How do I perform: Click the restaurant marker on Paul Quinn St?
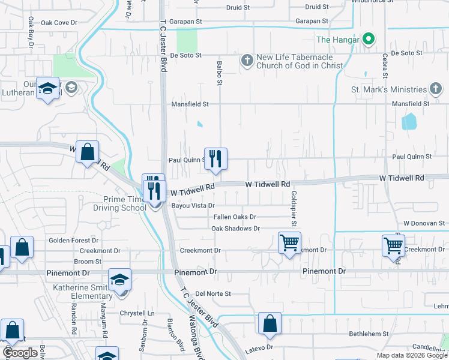click(x=215, y=160)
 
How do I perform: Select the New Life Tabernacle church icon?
click(x=246, y=60)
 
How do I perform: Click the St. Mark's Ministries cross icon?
click(x=436, y=89)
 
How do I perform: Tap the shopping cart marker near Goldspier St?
click(x=289, y=243)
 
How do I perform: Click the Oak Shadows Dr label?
click(x=235, y=229)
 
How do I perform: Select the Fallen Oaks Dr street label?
click(x=235, y=217)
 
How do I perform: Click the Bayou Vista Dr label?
click(x=193, y=206)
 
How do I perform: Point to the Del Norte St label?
click(x=213, y=294)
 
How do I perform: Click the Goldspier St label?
click(x=294, y=209)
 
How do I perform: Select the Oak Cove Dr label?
click(x=59, y=23)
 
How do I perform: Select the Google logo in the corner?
click(x=20, y=353)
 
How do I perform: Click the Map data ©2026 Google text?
click(x=411, y=355)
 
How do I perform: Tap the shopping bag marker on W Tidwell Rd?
click(x=88, y=152)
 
